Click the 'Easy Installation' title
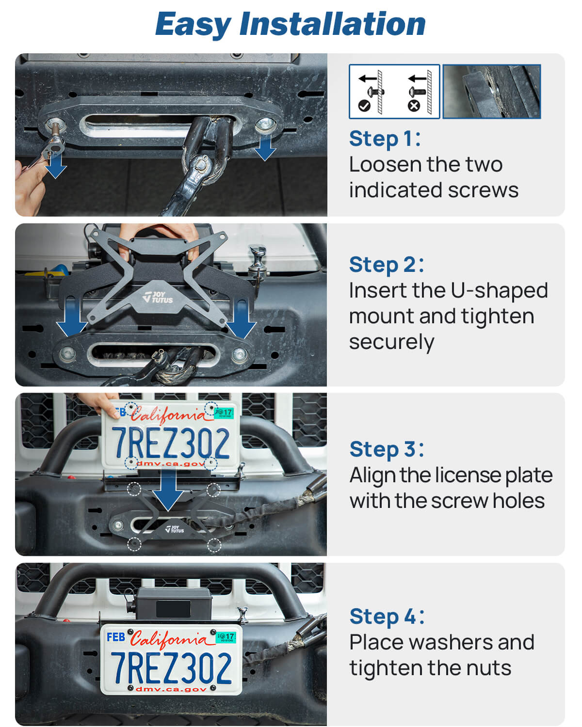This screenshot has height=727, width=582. pos(290,24)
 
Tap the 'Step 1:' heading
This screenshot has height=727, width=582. pos(385,139)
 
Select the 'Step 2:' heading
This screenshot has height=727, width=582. pos(387,265)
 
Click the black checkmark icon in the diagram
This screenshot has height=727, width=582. pos(364,106)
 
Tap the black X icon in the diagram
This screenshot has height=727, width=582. pos(414,106)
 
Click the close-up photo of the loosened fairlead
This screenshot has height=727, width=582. pos(492,91)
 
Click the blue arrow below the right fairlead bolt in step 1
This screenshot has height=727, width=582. pos(265,148)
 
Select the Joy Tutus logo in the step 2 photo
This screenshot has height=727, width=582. pos(158,297)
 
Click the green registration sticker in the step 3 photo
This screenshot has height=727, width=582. pos(224,413)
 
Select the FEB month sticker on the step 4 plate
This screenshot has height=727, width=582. pos(116,637)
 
